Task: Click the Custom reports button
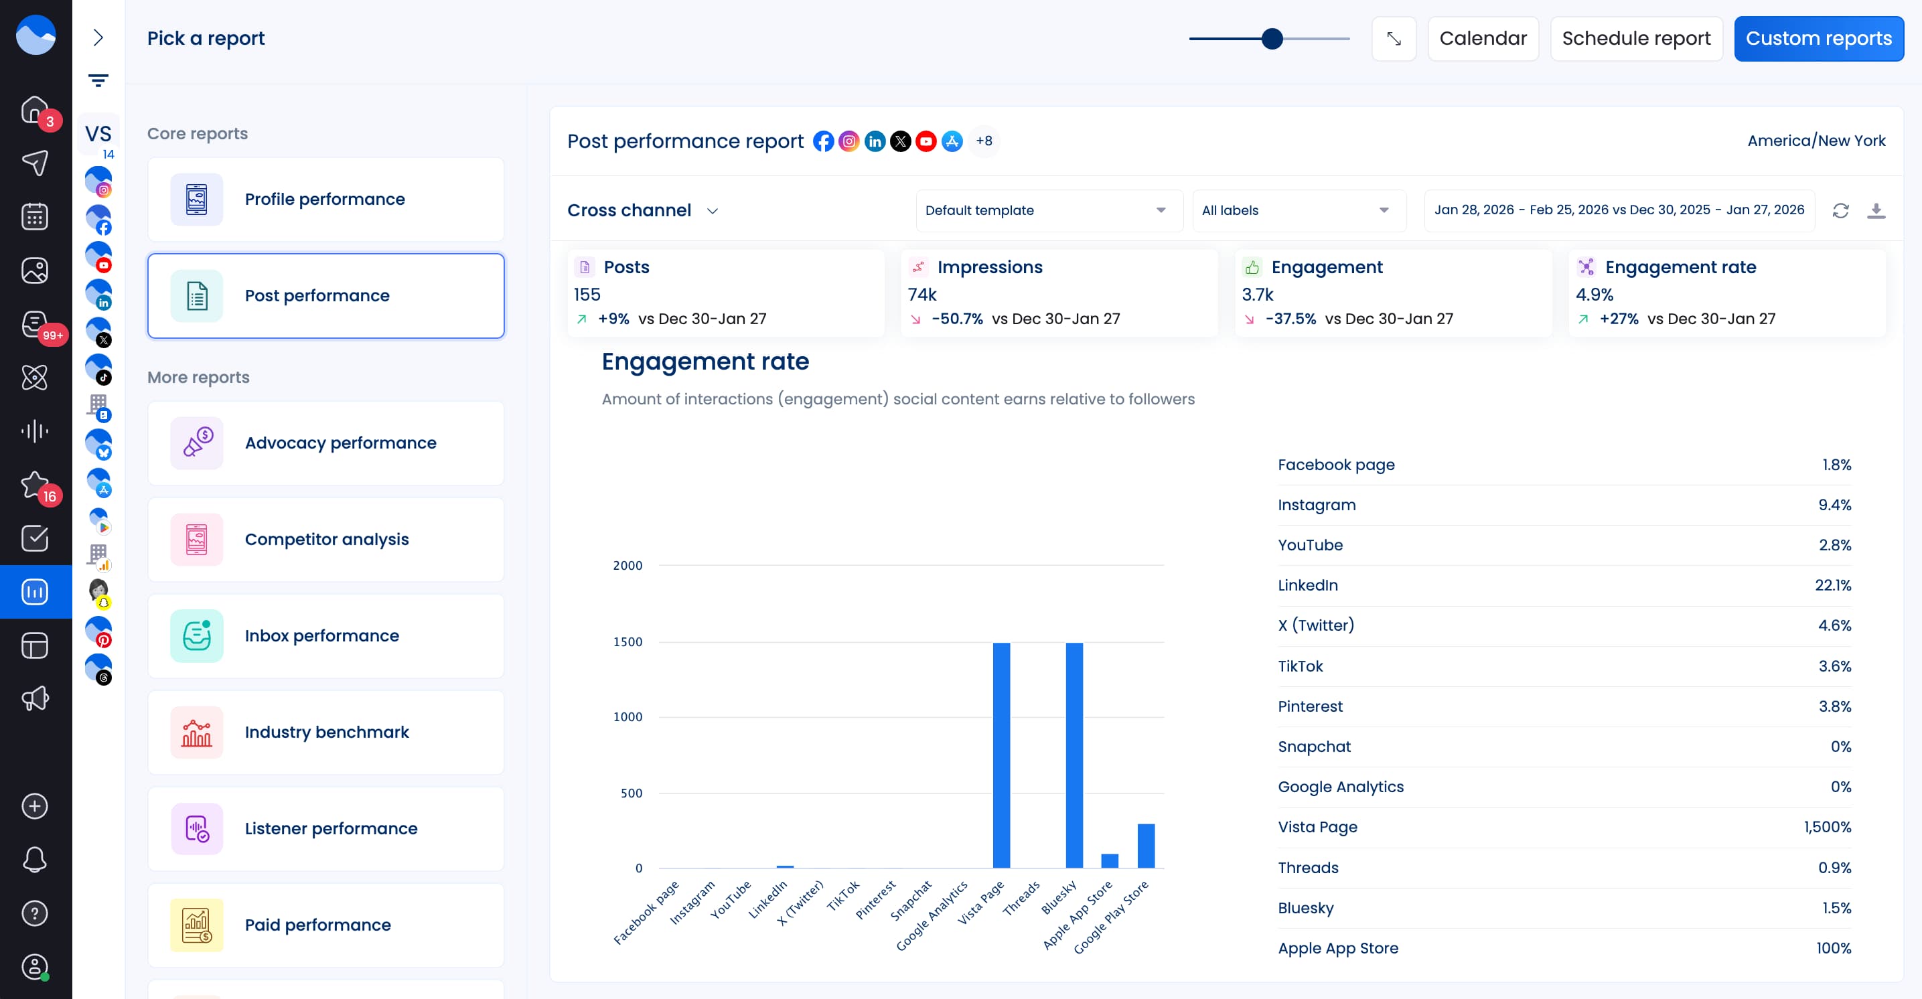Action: (1818, 38)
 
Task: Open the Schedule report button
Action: (1635, 38)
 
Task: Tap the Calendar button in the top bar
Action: (1482, 38)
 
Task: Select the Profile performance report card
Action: (325, 200)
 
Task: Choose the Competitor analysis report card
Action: (325, 540)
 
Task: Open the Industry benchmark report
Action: (325, 732)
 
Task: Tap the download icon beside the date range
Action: (1876, 210)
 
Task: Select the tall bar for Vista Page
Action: (1001, 753)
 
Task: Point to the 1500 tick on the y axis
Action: (627, 641)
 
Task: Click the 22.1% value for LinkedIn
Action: (1832, 585)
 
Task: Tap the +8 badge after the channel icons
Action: (983, 141)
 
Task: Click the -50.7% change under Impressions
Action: (956, 319)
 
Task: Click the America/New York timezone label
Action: (1816, 141)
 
